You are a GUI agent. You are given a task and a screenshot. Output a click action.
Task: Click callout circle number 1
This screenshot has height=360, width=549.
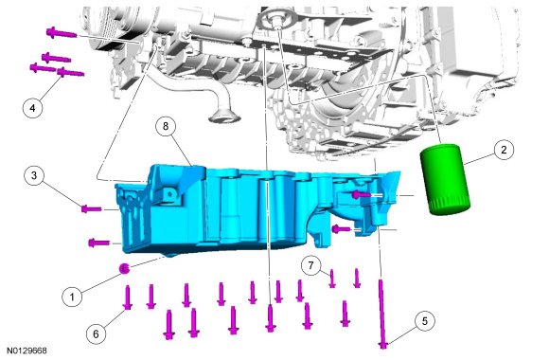click(72, 297)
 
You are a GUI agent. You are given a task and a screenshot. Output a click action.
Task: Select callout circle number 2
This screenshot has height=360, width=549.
click(504, 150)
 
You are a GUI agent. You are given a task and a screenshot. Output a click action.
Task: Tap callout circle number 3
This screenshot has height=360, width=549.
click(34, 175)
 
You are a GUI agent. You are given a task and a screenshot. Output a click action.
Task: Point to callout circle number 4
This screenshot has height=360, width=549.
click(32, 108)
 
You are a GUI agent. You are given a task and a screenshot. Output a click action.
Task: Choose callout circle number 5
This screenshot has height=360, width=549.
click(425, 321)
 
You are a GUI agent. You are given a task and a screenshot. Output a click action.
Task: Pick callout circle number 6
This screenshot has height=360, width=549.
click(96, 334)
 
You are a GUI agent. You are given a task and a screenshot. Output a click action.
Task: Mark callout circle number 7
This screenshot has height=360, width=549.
click(311, 265)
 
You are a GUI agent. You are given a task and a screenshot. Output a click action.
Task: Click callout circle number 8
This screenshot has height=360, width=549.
click(166, 126)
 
